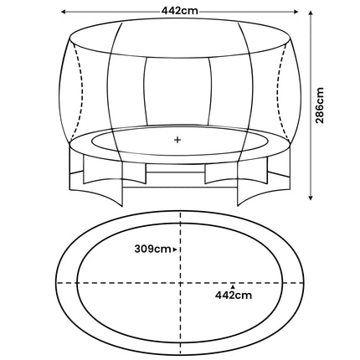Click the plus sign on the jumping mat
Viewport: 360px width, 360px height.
tap(177, 140)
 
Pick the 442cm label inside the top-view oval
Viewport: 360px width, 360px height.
tap(232, 295)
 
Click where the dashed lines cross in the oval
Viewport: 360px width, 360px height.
tap(179, 282)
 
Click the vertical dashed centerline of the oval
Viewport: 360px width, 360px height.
tap(179, 234)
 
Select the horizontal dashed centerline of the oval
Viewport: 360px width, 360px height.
tap(109, 282)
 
